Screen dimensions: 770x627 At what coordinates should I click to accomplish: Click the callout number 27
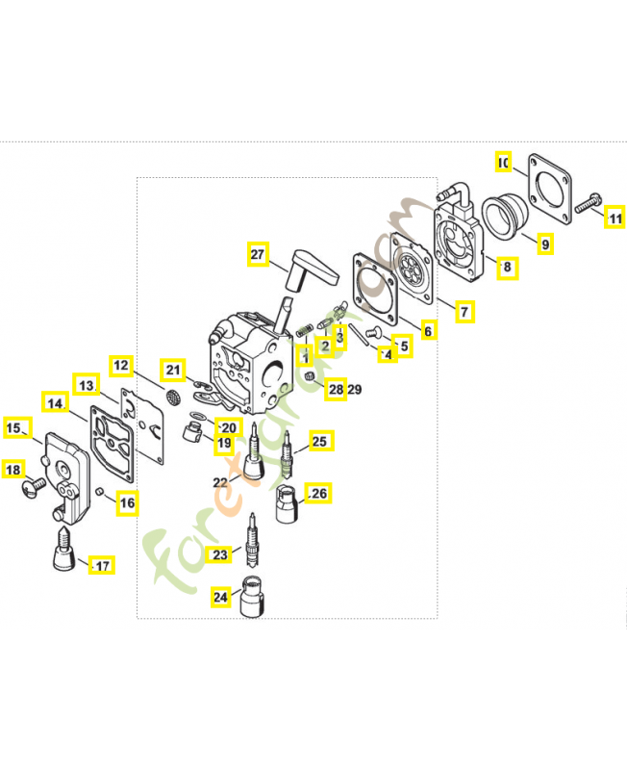point(257,255)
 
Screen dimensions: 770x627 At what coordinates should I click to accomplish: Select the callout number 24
point(221,597)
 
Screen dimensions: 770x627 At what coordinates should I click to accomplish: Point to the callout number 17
point(101,565)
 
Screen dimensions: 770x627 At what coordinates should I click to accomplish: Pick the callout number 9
point(544,244)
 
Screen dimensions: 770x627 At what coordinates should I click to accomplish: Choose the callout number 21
point(173,370)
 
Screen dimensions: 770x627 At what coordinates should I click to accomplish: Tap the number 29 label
point(354,390)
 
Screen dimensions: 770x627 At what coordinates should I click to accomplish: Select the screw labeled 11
point(587,203)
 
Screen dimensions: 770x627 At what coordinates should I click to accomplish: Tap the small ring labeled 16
point(100,493)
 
